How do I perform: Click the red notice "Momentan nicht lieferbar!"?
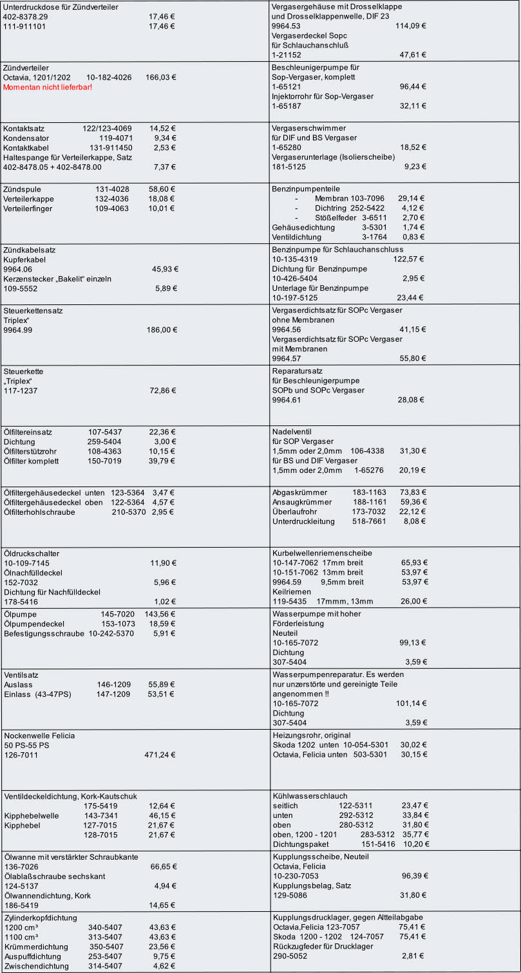click(48, 87)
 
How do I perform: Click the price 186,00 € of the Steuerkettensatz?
click(162, 329)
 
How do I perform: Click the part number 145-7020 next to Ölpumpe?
click(117, 614)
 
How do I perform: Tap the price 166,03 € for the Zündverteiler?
click(161, 77)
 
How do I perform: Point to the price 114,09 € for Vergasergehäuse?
click(411, 26)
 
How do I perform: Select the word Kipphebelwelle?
click(31, 815)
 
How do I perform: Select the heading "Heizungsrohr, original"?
click(312, 735)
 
